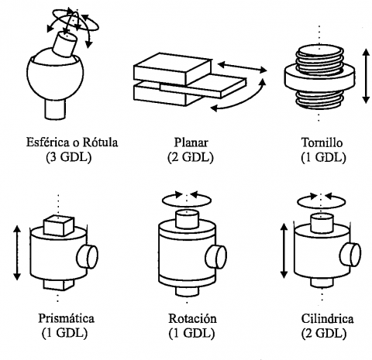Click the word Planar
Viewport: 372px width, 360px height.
[191, 142]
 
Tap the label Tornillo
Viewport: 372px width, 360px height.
[322, 142]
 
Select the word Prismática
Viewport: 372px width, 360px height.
[67, 318]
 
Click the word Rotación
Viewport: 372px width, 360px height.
[193, 318]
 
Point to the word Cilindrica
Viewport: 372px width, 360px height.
[327, 319]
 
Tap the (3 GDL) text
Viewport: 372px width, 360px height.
[69, 157]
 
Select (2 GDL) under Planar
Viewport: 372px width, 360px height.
[191, 157]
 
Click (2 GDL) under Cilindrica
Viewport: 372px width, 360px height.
[323, 333]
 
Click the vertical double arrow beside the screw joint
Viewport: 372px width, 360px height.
[366, 76]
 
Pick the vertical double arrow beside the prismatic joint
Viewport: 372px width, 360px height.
[17, 252]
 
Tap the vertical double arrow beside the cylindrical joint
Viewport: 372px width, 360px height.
[284, 251]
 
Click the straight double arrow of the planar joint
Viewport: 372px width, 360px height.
[243, 67]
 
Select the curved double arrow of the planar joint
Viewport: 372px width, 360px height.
[248, 100]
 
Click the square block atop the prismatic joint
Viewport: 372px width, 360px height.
[59, 225]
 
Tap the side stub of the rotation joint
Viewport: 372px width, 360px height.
[216, 256]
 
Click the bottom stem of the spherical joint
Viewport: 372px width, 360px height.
[55, 109]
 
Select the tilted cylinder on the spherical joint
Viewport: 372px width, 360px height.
[64, 44]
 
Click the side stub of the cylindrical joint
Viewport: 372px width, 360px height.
[350, 255]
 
